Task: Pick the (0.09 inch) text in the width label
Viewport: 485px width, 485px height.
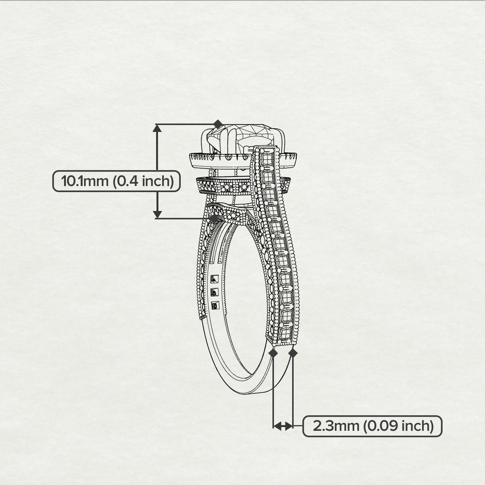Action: (x=398, y=426)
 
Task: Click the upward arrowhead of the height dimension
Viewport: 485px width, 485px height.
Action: (x=157, y=129)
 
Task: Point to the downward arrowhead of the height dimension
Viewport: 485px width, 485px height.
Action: (x=157, y=214)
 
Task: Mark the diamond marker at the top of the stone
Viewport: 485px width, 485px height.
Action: (x=218, y=124)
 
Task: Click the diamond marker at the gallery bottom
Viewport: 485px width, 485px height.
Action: (x=214, y=218)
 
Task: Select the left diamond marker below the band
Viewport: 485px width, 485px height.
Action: (x=273, y=353)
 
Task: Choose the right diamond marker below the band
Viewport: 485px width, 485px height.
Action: (x=293, y=353)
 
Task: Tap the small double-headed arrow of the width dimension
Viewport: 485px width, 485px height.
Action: (x=283, y=426)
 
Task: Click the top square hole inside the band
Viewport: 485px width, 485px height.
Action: (x=214, y=279)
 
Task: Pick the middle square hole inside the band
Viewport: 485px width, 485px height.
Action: (x=215, y=292)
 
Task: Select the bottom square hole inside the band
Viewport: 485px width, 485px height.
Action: (x=215, y=305)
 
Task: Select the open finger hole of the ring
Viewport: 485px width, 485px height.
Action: (x=245, y=303)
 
